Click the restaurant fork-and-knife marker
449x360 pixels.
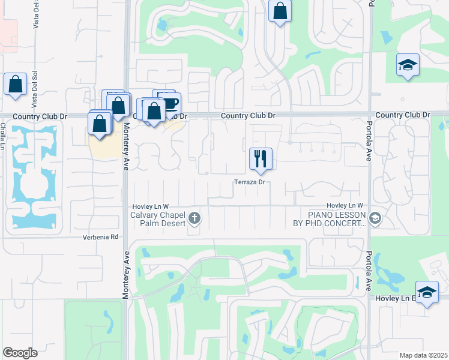[x=261, y=160]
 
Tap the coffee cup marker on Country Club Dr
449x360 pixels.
[x=170, y=104]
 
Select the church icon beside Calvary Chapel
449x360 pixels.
[x=194, y=218]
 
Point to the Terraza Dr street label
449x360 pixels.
[x=250, y=182]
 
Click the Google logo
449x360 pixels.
[x=20, y=353]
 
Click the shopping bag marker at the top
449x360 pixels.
[x=280, y=11]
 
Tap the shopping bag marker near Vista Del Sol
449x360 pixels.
[x=15, y=85]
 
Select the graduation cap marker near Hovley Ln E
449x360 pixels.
[x=427, y=293]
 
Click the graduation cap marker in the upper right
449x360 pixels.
[x=408, y=65]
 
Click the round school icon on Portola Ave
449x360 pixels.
[x=376, y=218]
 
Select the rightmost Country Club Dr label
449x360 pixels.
[x=403, y=115]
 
